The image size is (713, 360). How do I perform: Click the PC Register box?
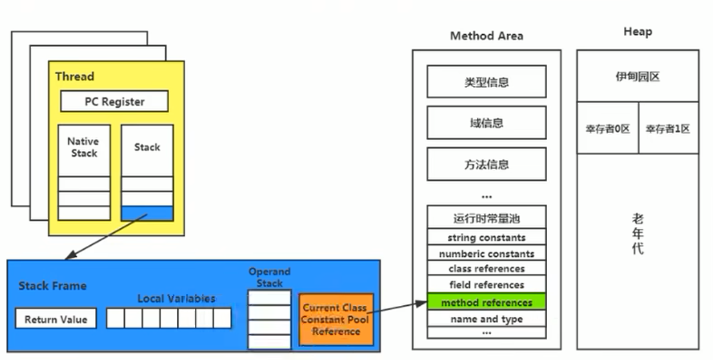tap(114, 101)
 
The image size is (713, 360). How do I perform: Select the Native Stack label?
tap(84, 147)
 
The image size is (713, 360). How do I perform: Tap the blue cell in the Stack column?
tap(147, 213)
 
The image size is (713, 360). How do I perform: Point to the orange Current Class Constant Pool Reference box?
tap(336, 319)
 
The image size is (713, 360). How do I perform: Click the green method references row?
tap(487, 302)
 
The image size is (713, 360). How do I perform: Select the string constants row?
tap(487, 237)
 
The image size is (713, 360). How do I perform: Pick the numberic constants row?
tap(487, 254)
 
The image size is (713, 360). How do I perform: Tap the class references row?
tap(487, 269)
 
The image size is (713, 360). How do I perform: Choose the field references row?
tap(487, 285)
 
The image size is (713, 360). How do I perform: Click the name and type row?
tap(487, 319)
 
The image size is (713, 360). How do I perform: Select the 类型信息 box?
tap(487, 82)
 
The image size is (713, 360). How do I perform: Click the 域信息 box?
tap(487, 123)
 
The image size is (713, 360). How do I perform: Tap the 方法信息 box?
tap(487, 164)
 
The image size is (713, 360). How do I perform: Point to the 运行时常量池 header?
tap(487, 217)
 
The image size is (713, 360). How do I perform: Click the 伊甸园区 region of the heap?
tap(638, 76)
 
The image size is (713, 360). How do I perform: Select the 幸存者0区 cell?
tap(607, 128)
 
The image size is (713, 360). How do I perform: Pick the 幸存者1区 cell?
tap(668, 128)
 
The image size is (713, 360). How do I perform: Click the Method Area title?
tap(487, 36)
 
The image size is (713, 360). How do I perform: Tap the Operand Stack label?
tap(270, 277)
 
